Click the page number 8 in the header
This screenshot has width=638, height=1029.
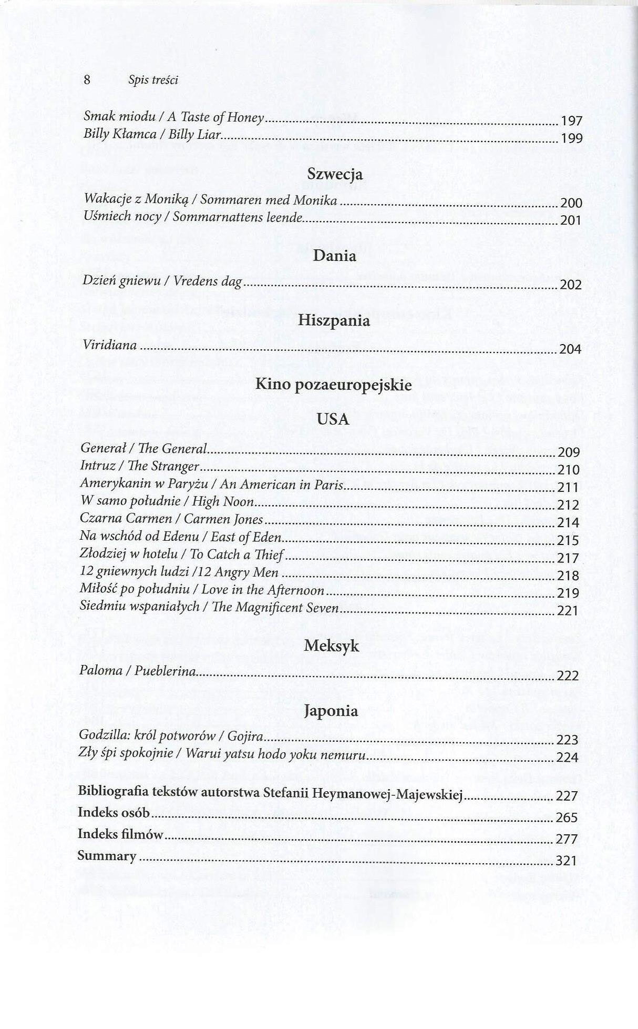[87, 79]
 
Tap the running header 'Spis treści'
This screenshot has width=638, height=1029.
[153, 80]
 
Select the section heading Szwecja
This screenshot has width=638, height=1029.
[335, 174]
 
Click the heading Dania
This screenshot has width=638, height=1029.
[334, 256]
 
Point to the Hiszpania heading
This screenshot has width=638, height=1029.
[334, 320]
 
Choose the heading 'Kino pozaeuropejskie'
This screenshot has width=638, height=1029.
[333, 385]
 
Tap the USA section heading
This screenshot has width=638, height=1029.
[333, 419]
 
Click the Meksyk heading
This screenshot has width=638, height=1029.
[332, 646]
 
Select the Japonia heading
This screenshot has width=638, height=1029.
[331, 711]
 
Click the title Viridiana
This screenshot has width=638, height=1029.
[110, 346]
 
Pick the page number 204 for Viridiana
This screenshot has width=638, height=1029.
[570, 349]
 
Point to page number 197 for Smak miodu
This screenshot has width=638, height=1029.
[572, 122]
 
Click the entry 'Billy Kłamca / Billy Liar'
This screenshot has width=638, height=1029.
[152, 135]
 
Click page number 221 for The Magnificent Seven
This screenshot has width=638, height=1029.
[568, 611]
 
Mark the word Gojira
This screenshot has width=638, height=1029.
[245, 736]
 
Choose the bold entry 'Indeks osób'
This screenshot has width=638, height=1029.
[114, 813]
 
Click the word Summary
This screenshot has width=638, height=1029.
[107, 856]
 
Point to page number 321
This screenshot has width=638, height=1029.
[567, 861]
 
